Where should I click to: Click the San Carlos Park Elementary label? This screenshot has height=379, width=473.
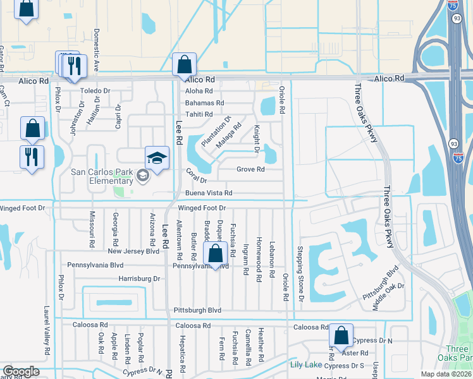[x=93, y=176]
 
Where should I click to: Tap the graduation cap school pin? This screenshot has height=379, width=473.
[x=157, y=157]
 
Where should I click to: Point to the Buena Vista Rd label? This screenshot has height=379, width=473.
[x=209, y=193]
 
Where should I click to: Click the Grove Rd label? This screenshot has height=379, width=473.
[x=250, y=169]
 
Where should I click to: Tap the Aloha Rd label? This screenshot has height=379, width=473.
[x=199, y=91]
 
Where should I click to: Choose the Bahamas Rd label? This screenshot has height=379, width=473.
[x=204, y=103]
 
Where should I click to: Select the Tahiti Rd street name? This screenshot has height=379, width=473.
[x=199, y=114]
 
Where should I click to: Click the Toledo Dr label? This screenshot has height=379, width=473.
[x=95, y=91]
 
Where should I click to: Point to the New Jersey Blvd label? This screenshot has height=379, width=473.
[x=133, y=251]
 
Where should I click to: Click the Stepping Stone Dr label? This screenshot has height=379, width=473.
[x=301, y=274]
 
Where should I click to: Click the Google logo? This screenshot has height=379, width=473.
[x=20, y=371]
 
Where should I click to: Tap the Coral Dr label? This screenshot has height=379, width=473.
[x=196, y=176]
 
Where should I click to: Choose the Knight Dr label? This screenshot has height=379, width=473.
[x=257, y=139]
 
